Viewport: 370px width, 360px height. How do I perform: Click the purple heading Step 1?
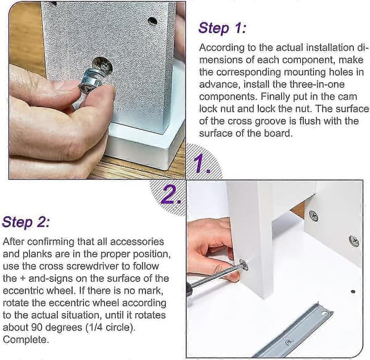(x=222, y=28)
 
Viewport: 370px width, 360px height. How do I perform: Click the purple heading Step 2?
(x=26, y=222)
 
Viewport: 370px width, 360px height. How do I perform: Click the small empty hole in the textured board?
(x=153, y=21)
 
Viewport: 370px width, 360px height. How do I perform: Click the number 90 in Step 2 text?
(x=36, y=327)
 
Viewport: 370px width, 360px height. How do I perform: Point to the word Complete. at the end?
(x=26, y=340)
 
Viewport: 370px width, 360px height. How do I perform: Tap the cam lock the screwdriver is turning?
(x=244, y=264)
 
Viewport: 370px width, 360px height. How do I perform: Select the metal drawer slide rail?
(x=294, y=331)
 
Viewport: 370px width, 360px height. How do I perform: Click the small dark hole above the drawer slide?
(x=353, y=292)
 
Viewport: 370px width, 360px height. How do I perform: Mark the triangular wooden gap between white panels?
(x=299, y=208)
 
